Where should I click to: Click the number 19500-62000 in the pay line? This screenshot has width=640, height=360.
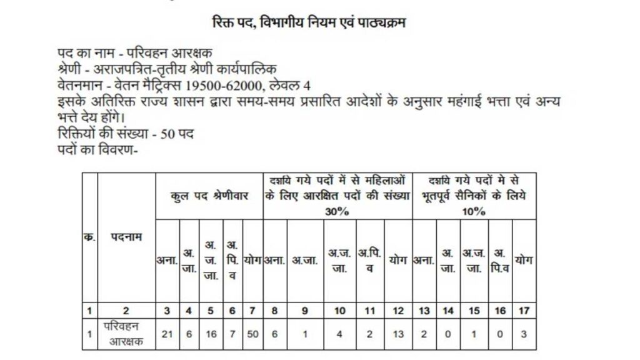pos(231,85)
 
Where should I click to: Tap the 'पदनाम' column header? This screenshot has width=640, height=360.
pos(126,237)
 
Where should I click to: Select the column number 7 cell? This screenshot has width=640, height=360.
pos(252,309)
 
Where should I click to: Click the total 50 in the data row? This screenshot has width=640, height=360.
pos(252,334)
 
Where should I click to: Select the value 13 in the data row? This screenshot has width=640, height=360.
pos(398,334)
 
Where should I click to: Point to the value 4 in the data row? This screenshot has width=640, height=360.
pos(339,334)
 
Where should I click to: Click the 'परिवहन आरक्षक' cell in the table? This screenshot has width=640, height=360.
pos(126,334)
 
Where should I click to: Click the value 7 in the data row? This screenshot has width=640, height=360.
pos(232,334)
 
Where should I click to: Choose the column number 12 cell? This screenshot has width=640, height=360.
pos(398,309)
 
